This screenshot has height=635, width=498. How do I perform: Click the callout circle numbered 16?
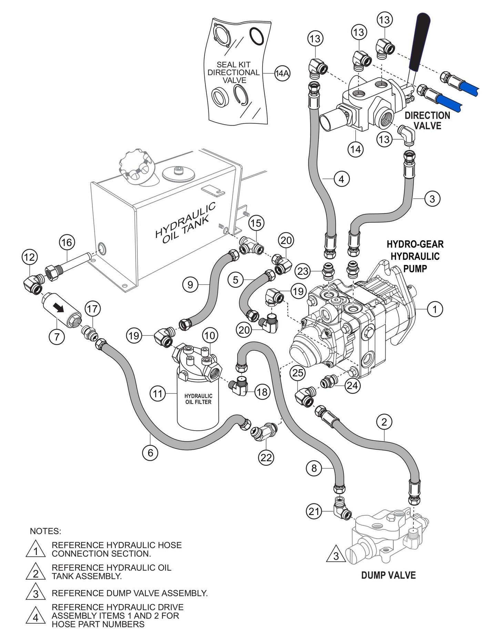(x=67, y=242)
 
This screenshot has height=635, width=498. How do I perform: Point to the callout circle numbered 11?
(x=158, y=394)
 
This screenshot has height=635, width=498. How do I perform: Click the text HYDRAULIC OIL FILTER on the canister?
(x=198, y=399)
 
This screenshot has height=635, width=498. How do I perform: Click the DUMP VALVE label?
(x=388, y=575)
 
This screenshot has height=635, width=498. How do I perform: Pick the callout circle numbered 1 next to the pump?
(x=435, y=309)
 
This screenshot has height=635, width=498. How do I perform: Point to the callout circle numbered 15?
(x=256, y=223)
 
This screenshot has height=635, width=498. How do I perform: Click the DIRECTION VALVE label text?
(x=427, y=120)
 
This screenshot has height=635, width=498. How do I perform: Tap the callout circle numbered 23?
(x=303, y=271)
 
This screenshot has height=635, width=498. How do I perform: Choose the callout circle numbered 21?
(x=314, y=512)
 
